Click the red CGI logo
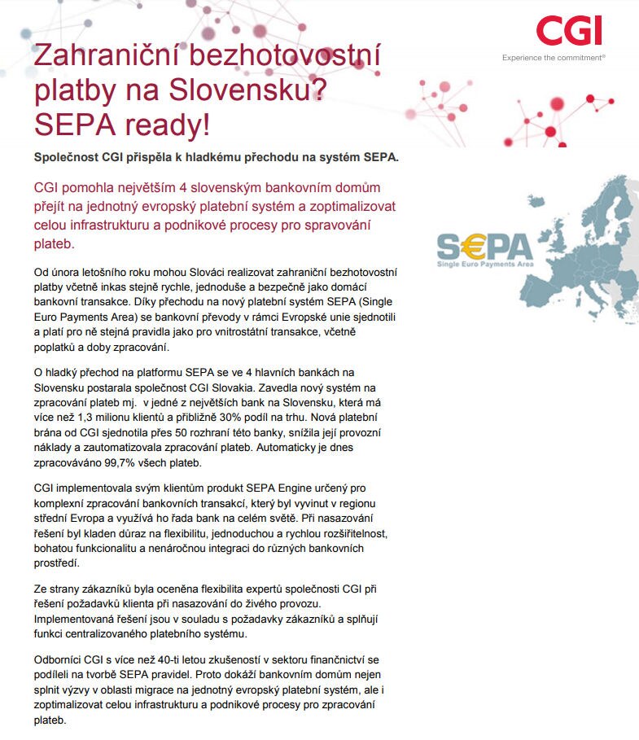pyautogui.click(x=569, y=30)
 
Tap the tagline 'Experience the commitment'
pyautogui.click(x=554, y=58)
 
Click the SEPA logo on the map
pyautogui.click(x=484, y=246)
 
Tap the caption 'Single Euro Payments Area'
pyautogui.click(x=485, y=265)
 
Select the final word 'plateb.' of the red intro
pyautogui.click(x=54, y=243)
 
